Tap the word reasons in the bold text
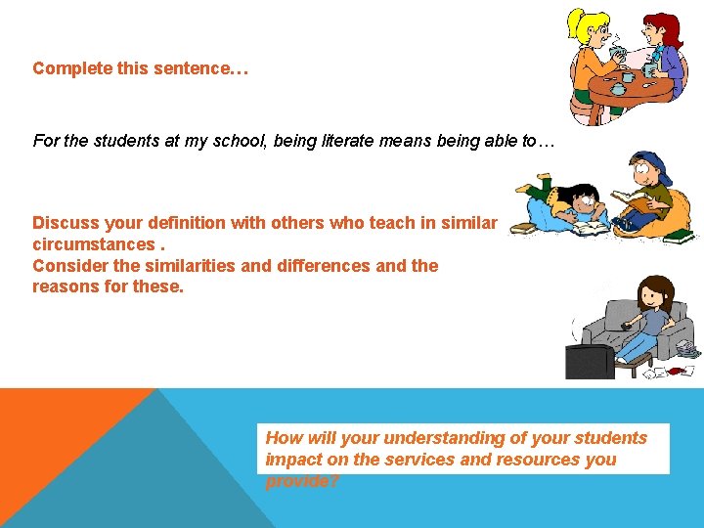[66, 286]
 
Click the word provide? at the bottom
[302, 480]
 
